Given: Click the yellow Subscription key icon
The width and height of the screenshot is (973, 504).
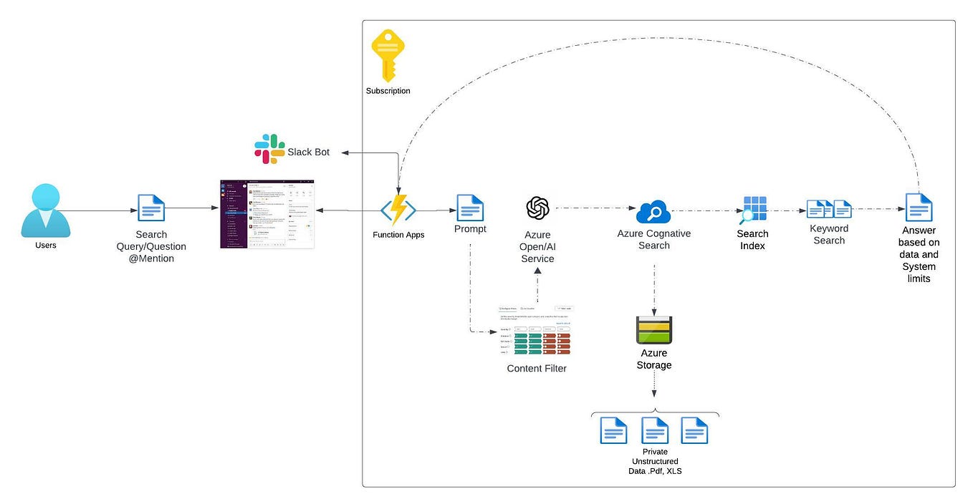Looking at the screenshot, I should pos(388,56).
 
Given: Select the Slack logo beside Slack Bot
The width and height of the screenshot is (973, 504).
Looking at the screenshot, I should pos(269,149).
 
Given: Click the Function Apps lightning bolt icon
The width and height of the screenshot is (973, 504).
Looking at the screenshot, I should pos(398,210).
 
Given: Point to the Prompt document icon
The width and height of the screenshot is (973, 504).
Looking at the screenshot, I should pos(470,208).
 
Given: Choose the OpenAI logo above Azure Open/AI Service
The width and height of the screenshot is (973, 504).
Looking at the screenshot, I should pos(537,208).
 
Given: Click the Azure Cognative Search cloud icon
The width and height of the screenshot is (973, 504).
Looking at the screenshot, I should pos(653,212).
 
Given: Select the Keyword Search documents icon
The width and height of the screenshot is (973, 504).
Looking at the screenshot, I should pos(829,209).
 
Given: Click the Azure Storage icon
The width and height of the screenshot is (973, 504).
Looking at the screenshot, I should pos(653,330).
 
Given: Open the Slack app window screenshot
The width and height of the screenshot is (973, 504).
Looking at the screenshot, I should pos(267,214).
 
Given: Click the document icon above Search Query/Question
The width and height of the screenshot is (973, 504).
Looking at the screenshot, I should pos(151,208).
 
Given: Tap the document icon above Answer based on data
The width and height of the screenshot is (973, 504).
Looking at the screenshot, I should pos(919,208).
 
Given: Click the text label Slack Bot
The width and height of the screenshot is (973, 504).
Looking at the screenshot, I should pos(309,152).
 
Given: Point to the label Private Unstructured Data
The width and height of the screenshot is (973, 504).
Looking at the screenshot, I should pos(654,461).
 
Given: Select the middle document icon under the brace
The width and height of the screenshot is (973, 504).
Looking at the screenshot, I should pos(655,430).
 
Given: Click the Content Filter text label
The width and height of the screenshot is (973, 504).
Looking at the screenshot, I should pos(537,369).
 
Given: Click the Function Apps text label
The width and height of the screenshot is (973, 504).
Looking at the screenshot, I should pos(398,235).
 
